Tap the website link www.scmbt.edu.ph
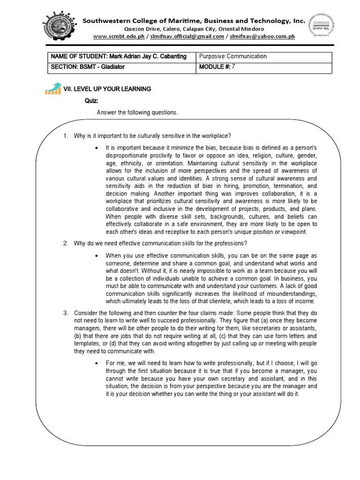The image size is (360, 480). (x=119, y=37)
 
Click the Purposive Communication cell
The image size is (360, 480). (x=233, y=56)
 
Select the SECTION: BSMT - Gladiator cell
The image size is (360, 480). (x=88, y=67)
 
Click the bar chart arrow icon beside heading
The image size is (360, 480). (x=53, y=88)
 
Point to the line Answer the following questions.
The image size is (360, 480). (x=137, y=112)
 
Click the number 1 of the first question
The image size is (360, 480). (x=65, y=136)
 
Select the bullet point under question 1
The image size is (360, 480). (x=96, y=148)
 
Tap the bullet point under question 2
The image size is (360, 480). (x=96, y=255)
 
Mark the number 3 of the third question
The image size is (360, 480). (x=65, y=313)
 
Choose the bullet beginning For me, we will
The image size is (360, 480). (x=96, y=363)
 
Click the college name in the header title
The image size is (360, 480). (x=194, y=21)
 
